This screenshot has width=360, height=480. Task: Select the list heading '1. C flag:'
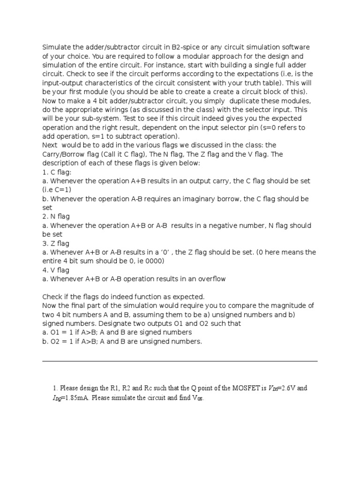[56, 172]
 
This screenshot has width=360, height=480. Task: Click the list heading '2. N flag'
[56, 217]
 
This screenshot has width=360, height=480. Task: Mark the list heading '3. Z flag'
[56, 243]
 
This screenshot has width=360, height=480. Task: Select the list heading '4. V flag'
[56, 270]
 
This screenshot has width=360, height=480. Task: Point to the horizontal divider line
[180, 361]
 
